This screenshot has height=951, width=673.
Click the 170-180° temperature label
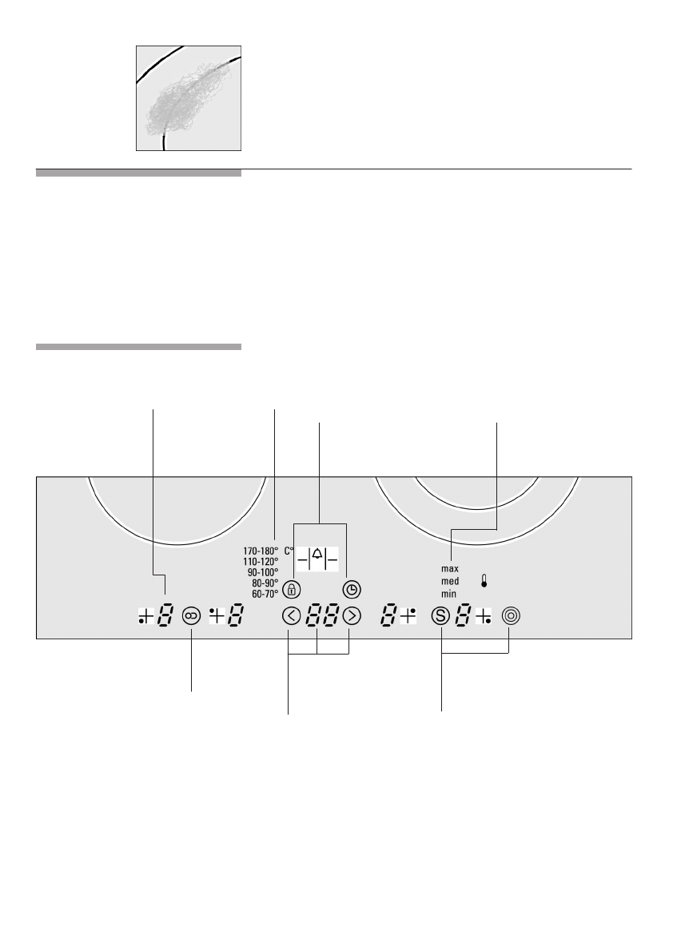click(x=260, y=551)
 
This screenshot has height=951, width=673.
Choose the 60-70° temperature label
click(x=265, y=594)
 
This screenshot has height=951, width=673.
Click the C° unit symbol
click(x=289, y=551)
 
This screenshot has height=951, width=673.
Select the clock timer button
click(x=352, y=590)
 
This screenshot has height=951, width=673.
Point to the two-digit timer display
click(x=321, y=617)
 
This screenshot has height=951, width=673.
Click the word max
click(x=449, y=568)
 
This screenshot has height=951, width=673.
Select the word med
click(x=449, y=581)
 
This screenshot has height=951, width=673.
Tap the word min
click(x=448, y=594)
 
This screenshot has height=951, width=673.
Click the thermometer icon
click(x=485, y=581)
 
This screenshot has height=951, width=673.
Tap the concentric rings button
click(x=510, y=616)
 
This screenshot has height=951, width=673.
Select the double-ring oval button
click(x=192, y=616)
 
